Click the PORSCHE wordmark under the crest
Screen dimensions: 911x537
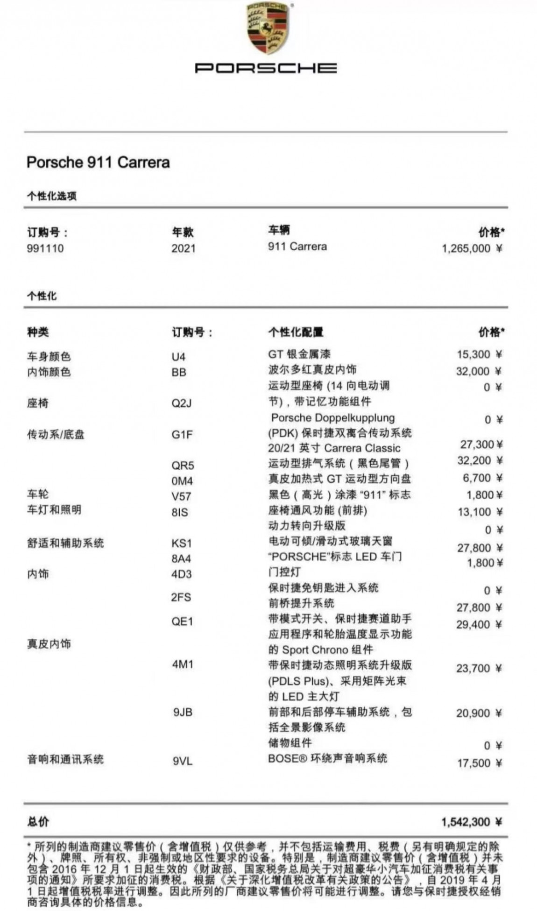click(266, 68)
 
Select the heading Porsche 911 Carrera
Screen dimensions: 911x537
click(98, 162)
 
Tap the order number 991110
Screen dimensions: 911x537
click(45, 248)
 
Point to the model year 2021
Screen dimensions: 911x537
click(184, 248)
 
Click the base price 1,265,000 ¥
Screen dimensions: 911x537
click(472, 248)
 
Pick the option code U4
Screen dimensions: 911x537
click(178, 357)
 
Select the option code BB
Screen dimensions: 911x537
click(179, 373)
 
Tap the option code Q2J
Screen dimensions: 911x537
click(182, 403)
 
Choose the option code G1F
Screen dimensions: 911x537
click(182, 435)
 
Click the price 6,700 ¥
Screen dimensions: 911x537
click(483, 478)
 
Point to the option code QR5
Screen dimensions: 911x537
click(183, 466)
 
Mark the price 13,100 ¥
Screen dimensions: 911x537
click(480, 512)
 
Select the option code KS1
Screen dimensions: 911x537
click(182, 544)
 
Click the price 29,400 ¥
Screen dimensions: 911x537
click(479, 625)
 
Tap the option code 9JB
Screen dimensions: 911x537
click(183, 713)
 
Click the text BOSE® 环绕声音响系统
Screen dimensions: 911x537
click(327, 759)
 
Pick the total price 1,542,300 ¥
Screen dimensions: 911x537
click(472, 822)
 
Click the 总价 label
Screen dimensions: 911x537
click(38, 822)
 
